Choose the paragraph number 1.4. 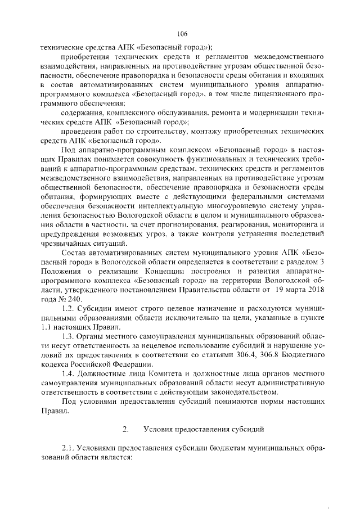coord(68,375)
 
